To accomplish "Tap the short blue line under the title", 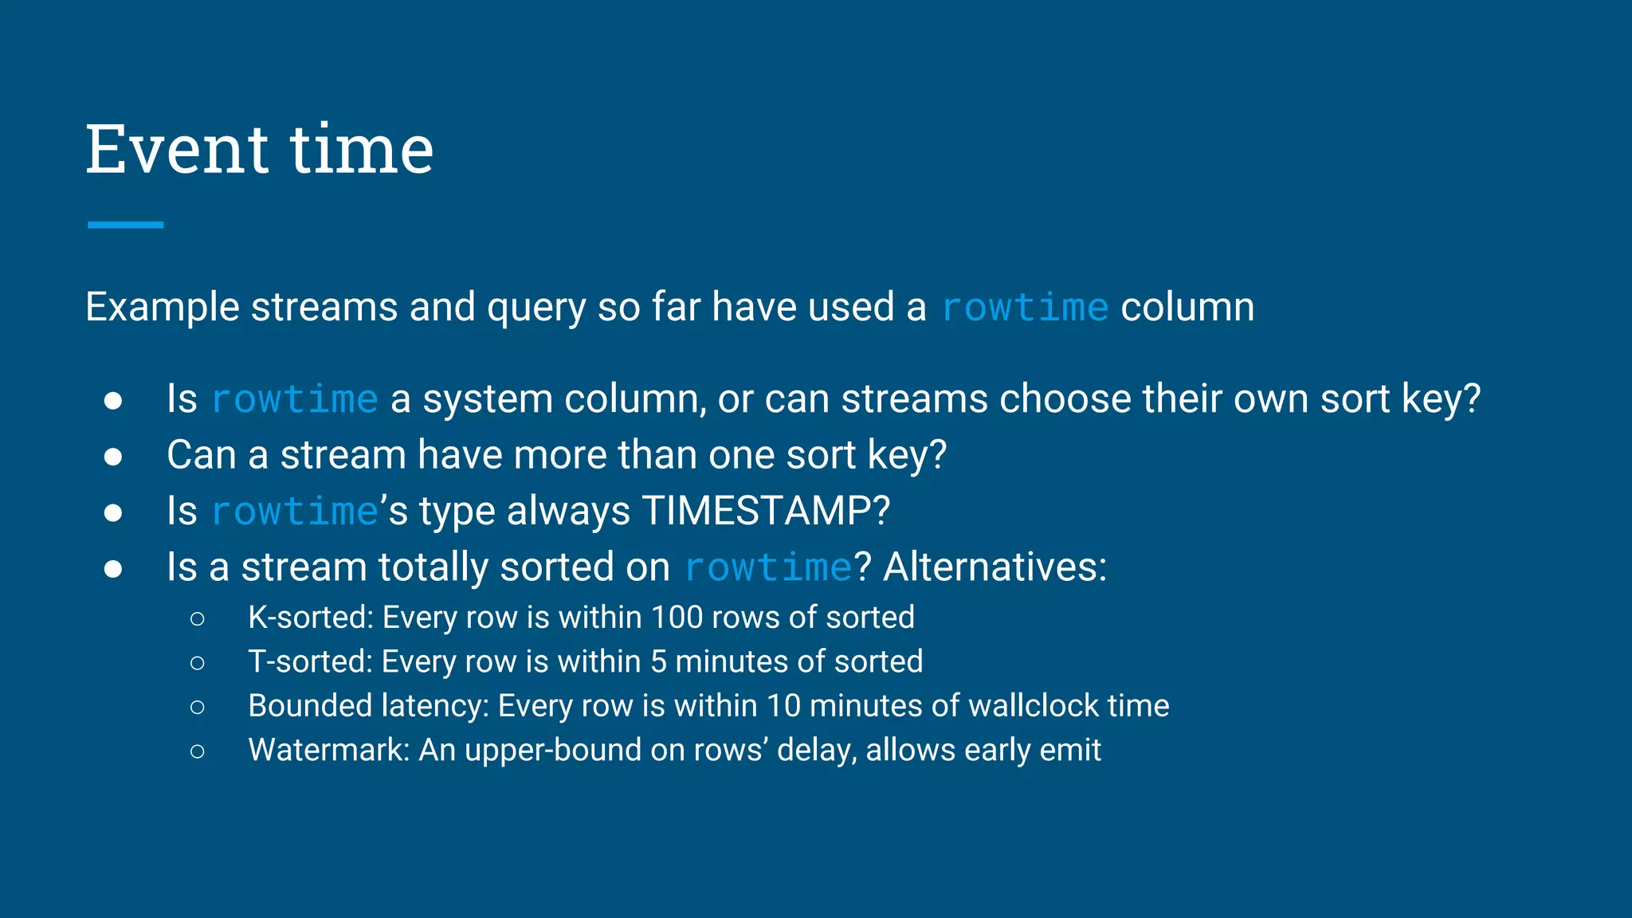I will (x=125, y=225).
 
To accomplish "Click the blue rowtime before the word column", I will (x=1025, y=308).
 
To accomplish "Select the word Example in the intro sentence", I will (x=163, y=308).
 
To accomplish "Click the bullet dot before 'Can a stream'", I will (x=113, y=456).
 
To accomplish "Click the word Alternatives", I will (x=994, y=567).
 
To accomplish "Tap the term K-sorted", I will (x=310, y=618).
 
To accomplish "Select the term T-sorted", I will (x=309, y=662).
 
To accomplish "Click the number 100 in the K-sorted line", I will (x=677, y=618).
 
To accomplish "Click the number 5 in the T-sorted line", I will (x=658, y=662).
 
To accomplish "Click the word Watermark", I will (x=328, y=751).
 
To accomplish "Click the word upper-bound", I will (x=552, y=751).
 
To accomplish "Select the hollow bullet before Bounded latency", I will (x=198, y=707).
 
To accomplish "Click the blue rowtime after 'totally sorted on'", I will (x=768, y=568).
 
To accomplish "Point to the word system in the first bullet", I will (x=488, y=399).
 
